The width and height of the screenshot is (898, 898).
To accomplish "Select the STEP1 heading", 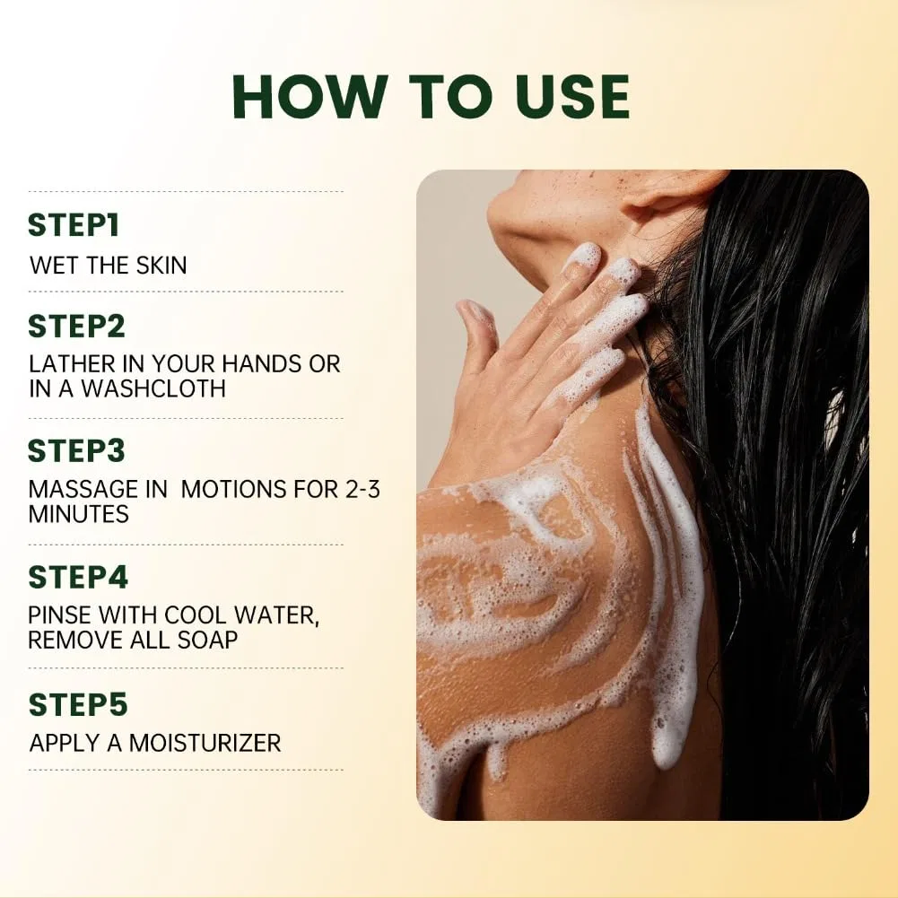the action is (74, 225).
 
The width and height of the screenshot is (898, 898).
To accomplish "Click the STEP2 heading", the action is (76, 327).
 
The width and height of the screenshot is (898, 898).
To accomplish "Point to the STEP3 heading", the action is (76, 450).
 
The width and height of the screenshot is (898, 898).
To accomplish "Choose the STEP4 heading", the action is (78, 578).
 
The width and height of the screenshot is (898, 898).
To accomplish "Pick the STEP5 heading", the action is (77, 704).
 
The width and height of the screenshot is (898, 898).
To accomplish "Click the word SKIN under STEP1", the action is (161, 266).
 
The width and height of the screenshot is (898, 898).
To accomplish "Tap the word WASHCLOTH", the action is (153, 388).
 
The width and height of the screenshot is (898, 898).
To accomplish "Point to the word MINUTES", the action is (78, 514).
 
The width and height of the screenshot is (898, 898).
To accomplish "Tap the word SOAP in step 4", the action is (207, 641).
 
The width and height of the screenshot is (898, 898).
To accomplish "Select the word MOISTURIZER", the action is (205, 744).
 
